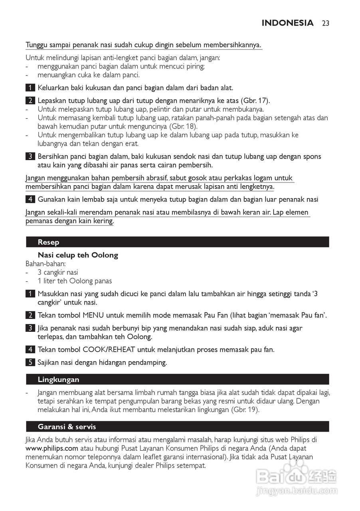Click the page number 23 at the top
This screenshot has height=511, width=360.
pyautogui.click(x=325, y=23)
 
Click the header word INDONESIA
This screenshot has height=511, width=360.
pyautogui.click(x=287, y=23)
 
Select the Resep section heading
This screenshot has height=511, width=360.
pyautogui.click(x=48, y=242)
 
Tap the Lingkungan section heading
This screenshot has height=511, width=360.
pyautogui.click(x=58, y=380)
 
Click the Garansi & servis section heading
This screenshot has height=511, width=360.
pyautogui.click(x=67, y=427)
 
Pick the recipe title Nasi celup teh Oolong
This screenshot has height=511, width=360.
pyautogui.click(x=78, y=255)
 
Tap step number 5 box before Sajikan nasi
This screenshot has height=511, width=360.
pyautogui.click(x=30, y=362)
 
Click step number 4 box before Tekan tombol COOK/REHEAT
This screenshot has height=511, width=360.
pyautogui.click(x=30, y=350)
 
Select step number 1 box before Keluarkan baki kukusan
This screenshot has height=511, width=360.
pyautogui.click(x=30, y=87)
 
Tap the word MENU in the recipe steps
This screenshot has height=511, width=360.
pyautogui.click(x=93, y=315)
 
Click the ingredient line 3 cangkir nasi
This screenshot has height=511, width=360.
pyautogui.click(x=58, y=272)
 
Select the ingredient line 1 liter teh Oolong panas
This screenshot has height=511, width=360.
pyautogui.click(x=75, y=281)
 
